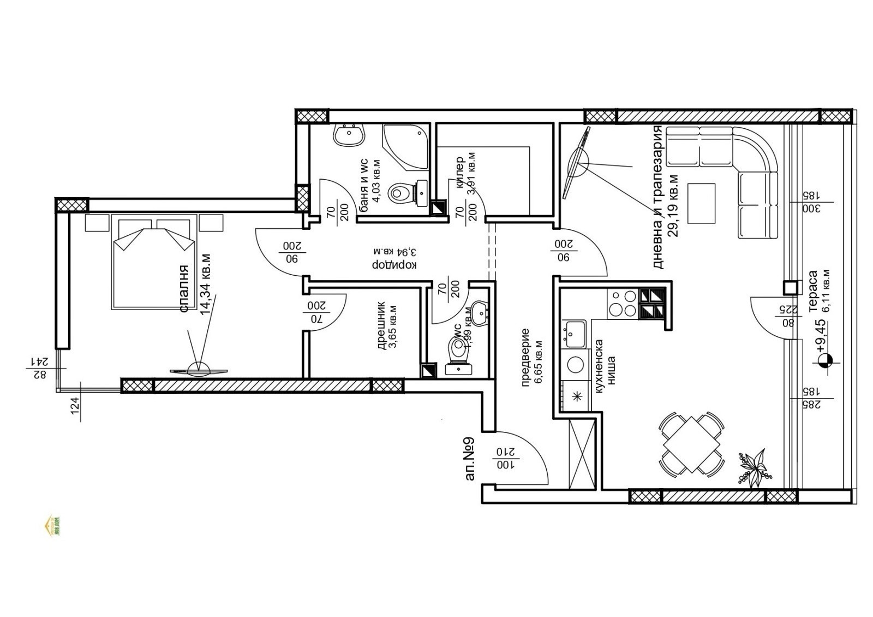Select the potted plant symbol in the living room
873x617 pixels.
point(754,468)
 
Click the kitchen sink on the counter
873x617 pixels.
point(575,333)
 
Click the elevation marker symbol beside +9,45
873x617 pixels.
point(824,360)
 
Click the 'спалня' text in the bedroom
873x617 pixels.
point(184,289)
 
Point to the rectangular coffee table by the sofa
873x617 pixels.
point(701,203)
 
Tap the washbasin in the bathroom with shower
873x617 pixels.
point(348,134)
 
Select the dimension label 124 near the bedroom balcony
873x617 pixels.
point(75,404)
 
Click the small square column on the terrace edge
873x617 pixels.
point(790,287)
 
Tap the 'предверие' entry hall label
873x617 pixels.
point(525,358)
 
